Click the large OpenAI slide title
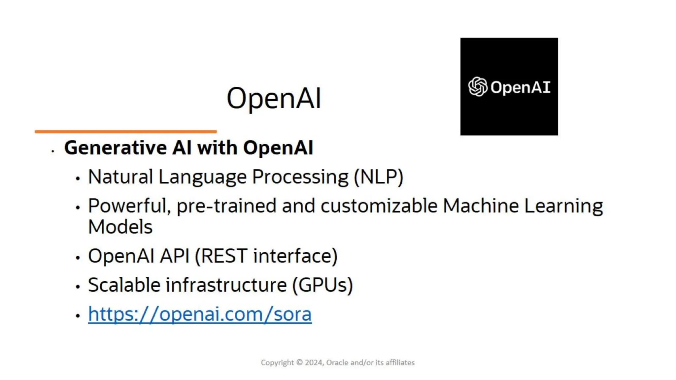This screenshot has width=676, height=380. pos(274,98)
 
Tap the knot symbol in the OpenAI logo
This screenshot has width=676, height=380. pos(478,87)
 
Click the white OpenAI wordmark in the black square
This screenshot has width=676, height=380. pos(521,87)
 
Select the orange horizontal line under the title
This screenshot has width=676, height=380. pos(126,132)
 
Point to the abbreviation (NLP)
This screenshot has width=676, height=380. pos(378,177)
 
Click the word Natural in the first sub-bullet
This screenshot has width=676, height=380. pos(120,177)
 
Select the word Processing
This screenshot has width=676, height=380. pos(300,177)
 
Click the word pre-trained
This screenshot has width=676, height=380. pos(226,206)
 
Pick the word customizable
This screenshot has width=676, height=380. pos(379,206)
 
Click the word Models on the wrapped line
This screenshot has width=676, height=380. pos(120,227)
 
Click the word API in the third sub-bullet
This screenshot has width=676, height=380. pos(175,256)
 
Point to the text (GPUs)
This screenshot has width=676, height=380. pos(322,285)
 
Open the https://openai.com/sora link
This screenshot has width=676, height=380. pos(200,314)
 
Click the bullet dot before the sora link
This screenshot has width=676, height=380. pos(78,316)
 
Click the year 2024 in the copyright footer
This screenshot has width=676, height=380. pos(314,363)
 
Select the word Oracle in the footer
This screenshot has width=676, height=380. pos(337,363)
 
